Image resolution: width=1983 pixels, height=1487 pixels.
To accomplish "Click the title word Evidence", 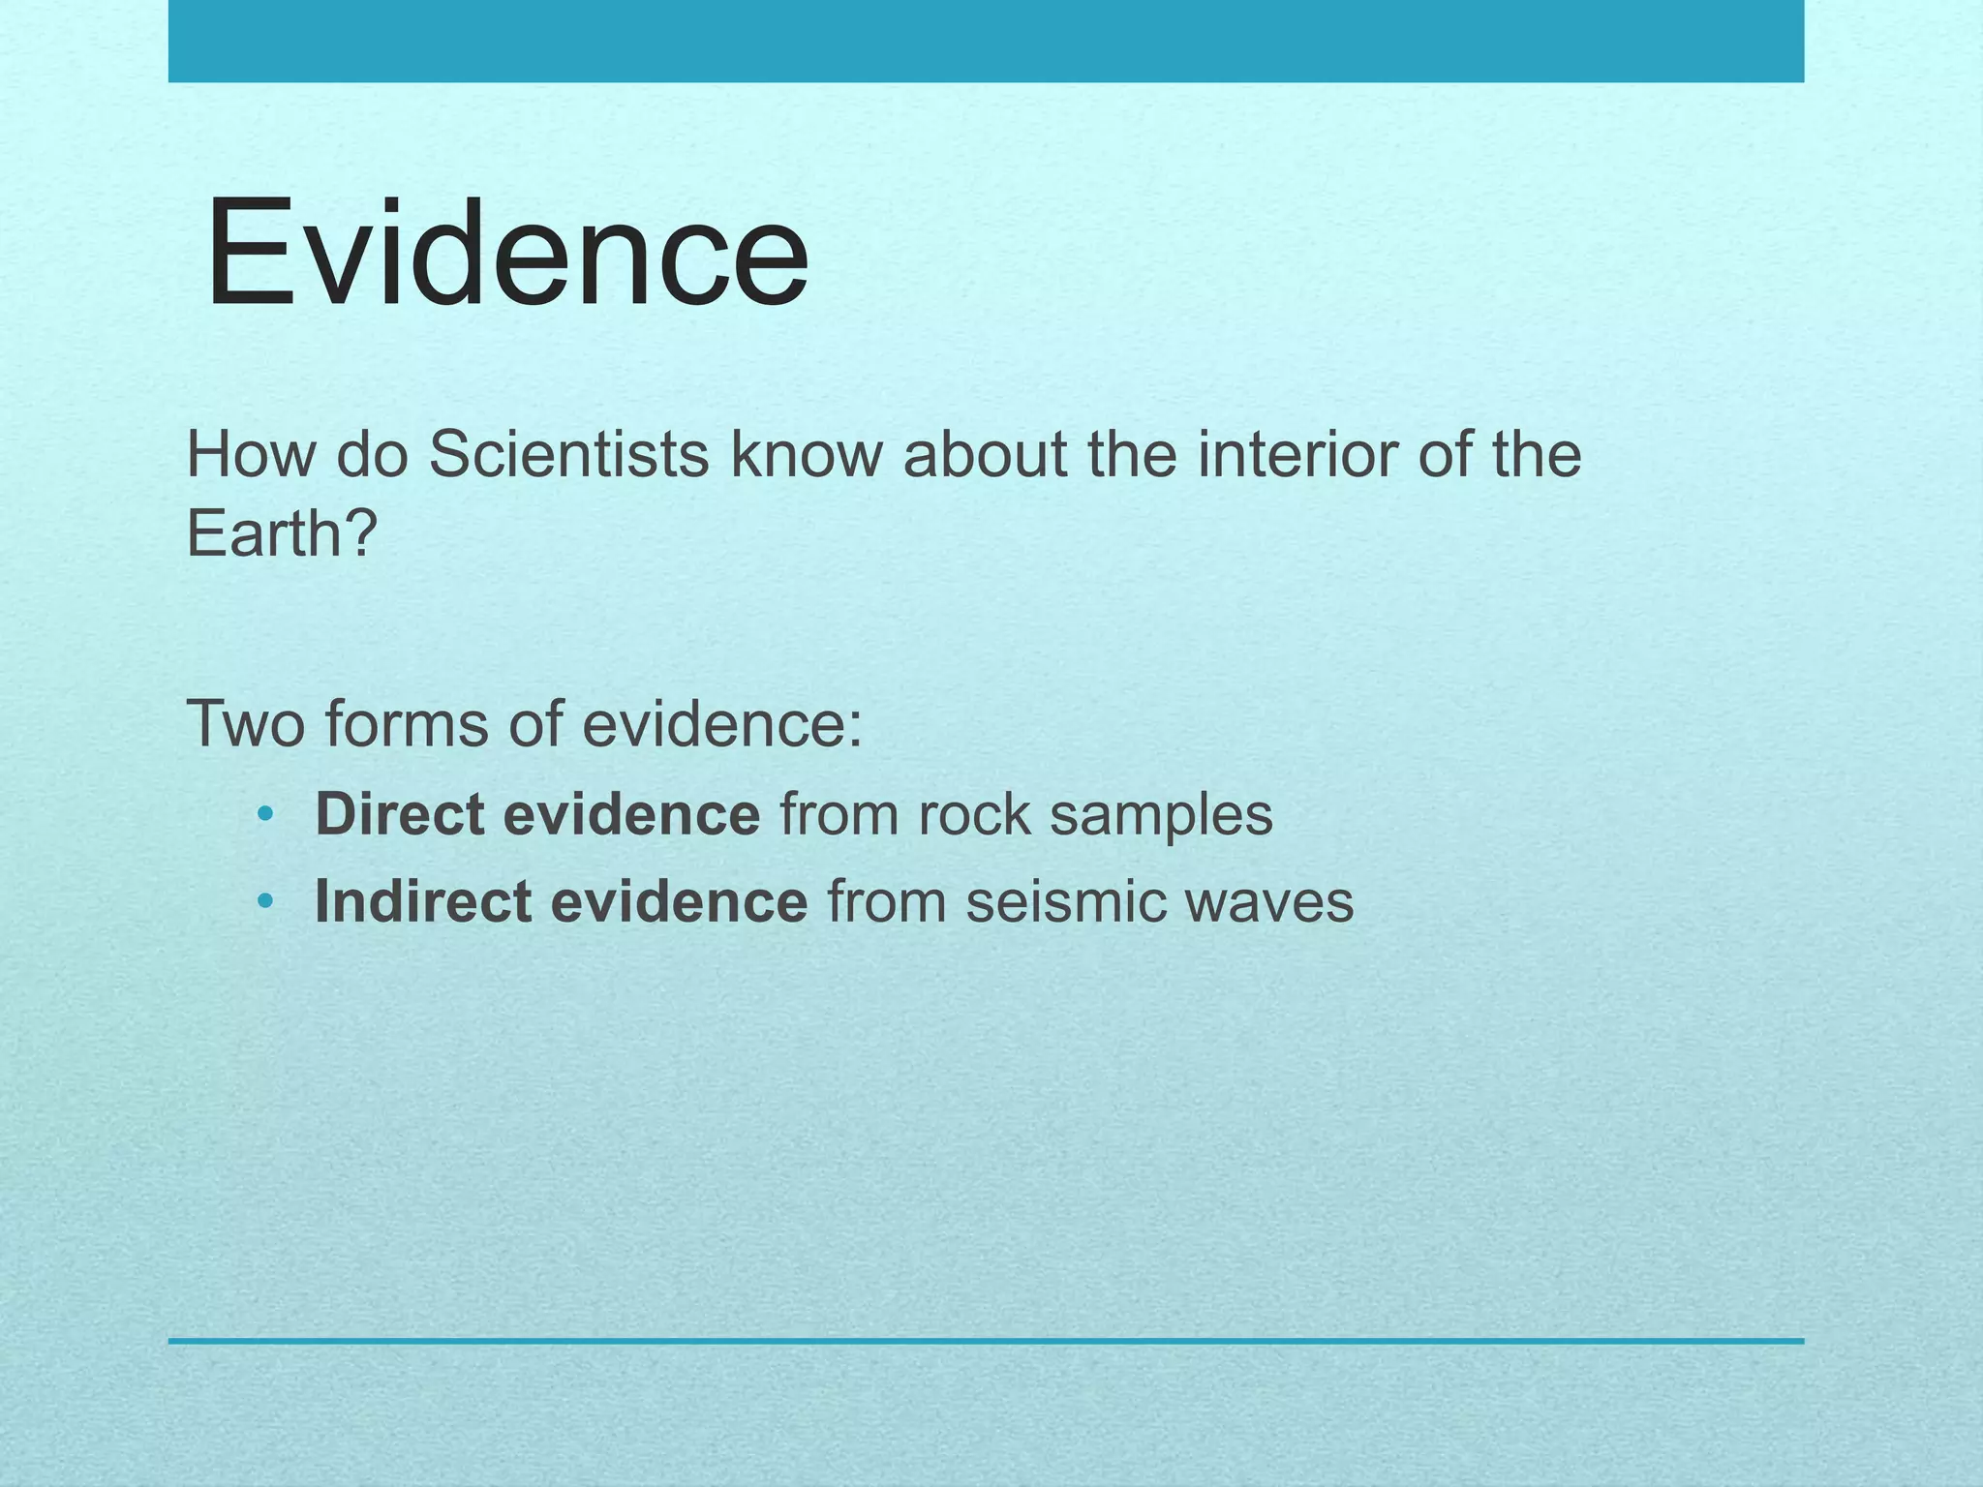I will (506, 254).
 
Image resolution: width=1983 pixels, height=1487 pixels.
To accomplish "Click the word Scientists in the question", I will (568, 454).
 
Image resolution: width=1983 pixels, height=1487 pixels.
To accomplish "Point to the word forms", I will (406, 724).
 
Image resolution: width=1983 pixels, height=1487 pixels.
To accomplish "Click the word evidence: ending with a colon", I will (721, 724).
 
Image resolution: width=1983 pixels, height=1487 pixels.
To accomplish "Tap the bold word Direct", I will (399, 814).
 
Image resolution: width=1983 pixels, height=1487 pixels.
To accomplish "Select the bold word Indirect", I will (422, 901).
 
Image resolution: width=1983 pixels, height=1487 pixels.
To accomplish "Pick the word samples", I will (1161, 816).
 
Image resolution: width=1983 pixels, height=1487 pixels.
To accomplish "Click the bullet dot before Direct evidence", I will (265, 816).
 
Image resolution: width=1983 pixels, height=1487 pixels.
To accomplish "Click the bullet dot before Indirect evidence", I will (265, 903).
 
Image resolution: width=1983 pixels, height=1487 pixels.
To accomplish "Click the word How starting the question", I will (250, 454).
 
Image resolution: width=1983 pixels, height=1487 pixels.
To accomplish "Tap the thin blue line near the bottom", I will (986, 1341).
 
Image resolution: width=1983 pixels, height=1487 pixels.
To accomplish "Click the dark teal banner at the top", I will (986, 41).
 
